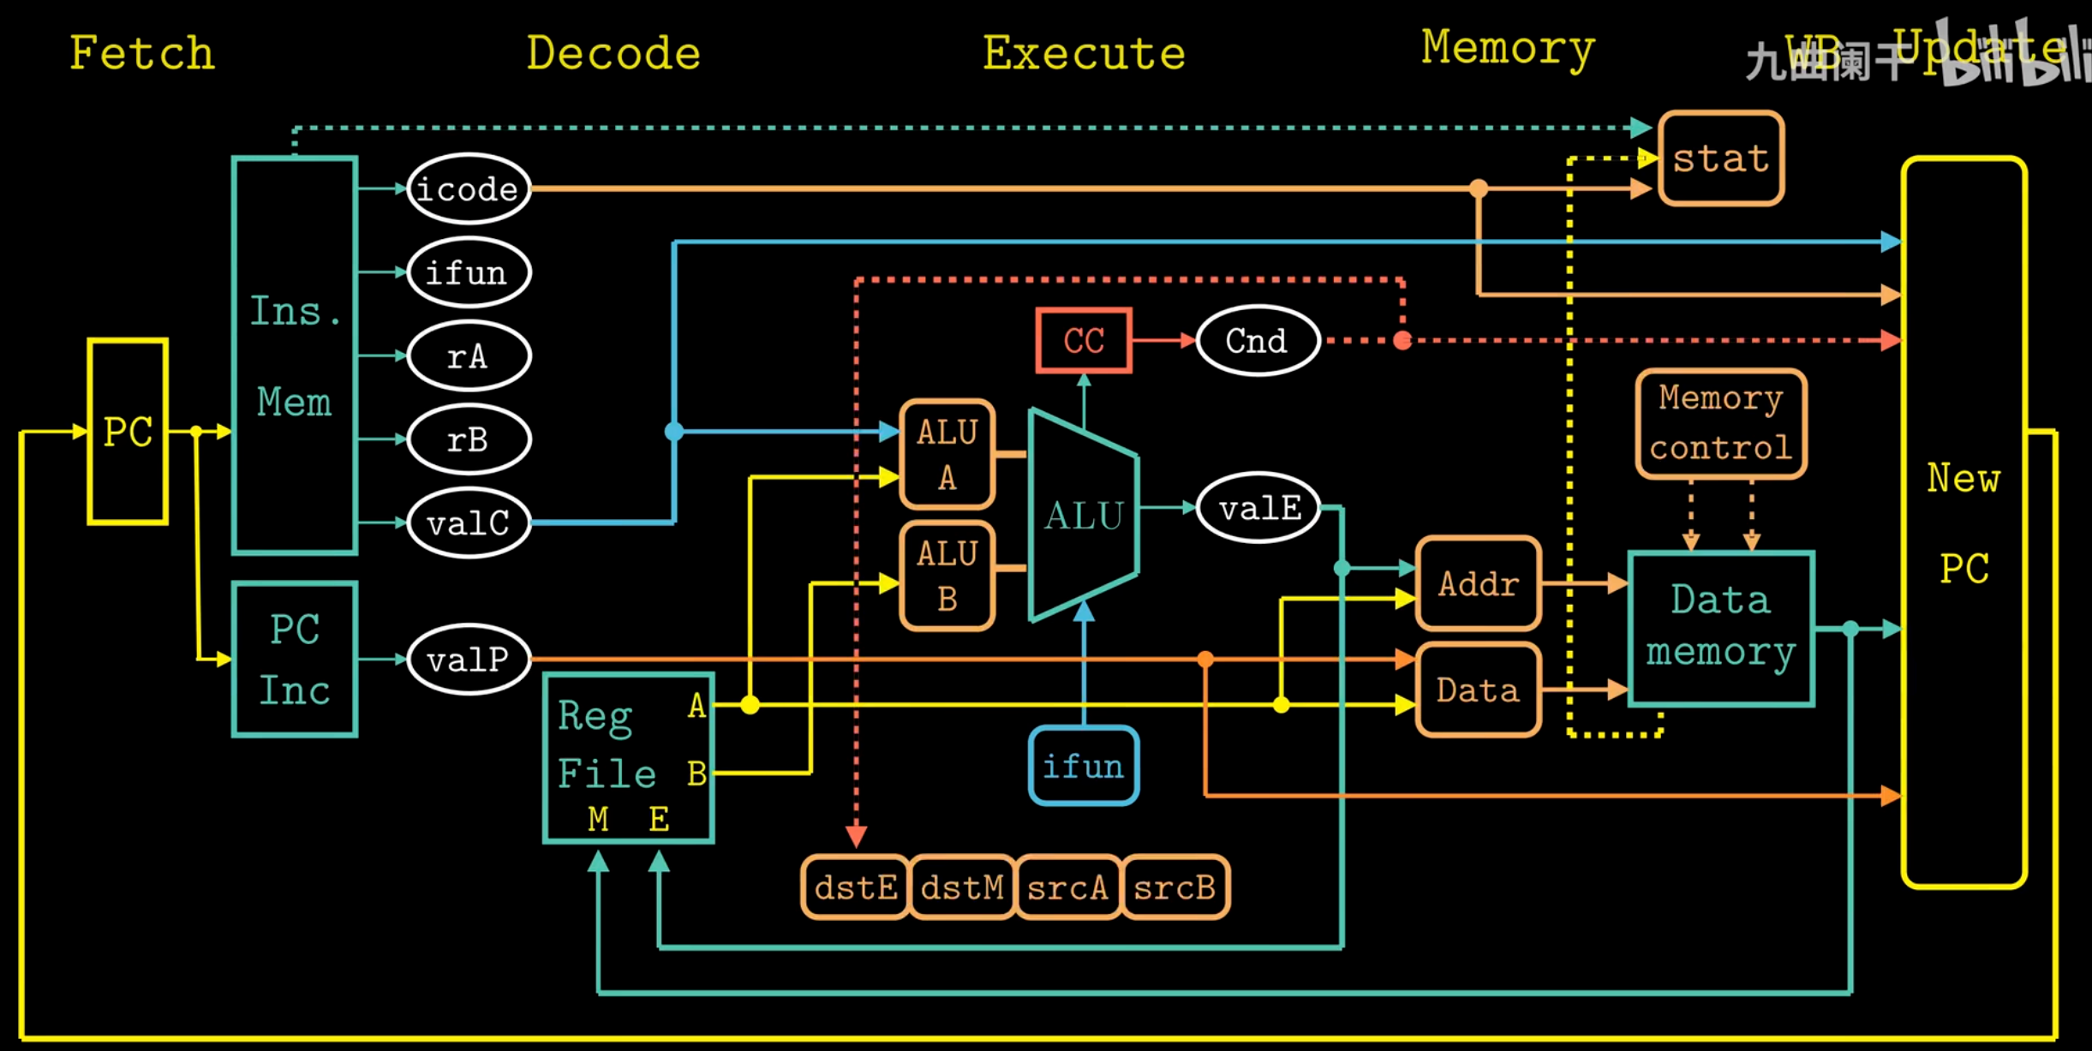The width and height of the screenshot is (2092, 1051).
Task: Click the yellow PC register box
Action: (128, 431)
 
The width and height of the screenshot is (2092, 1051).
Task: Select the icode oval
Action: (468, 188)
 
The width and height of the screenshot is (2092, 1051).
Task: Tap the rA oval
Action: (468, 355)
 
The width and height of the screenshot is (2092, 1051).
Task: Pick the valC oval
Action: (468, 523)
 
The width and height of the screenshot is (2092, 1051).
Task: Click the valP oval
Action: (468, 659)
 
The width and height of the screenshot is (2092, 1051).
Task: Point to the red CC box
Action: (1084, 340)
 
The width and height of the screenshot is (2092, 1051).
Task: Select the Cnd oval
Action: (1257, 340)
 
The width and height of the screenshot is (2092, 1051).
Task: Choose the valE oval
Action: (1258, 508)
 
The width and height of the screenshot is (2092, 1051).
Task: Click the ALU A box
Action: (947, 454)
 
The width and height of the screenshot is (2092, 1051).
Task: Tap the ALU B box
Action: (947, 576)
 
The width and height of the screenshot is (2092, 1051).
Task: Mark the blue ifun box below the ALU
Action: (1084, 765)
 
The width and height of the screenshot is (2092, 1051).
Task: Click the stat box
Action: (1721, 158)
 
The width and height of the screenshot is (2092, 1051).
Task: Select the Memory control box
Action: (1721, 423)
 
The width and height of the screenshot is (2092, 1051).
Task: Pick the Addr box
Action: (1479, 583)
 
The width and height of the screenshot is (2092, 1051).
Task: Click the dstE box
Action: (855, 887)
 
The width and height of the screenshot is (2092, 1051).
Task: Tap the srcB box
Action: (1175, 887)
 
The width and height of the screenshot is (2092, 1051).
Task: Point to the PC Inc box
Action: (295, 659)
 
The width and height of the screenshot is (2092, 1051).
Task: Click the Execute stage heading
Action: (1084, 53)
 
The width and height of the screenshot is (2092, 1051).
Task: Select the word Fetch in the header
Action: (142, 53)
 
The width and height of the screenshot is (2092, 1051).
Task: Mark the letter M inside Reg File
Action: (598, 819)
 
